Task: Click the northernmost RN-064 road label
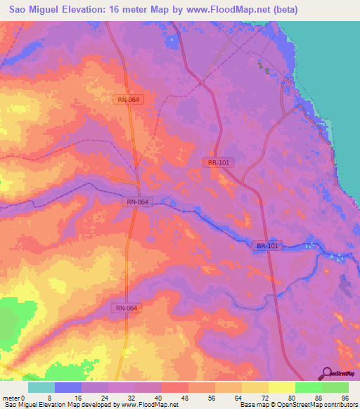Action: point(128,100)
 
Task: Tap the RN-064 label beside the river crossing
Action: point(137,202)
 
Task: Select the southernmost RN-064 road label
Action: point(127,308)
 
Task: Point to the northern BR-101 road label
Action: point(219,162)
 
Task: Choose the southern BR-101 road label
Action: point(267,245)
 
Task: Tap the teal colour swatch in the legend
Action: point(41,387)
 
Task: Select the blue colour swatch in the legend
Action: point(68,387)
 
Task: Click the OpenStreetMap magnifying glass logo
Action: point(328,373)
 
